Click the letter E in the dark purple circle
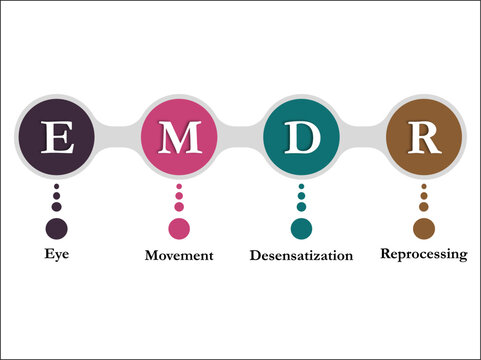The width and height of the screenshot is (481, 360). [57, 138]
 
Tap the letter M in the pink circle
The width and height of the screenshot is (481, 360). [180, 138]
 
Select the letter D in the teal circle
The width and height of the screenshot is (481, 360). [302, 138]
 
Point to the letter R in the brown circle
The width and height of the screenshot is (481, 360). [424, 138]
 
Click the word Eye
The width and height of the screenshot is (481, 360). [56, 255]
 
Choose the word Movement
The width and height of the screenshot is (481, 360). [179, 255]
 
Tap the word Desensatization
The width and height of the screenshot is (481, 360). [301, 255]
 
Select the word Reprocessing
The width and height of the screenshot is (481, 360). [423, 254]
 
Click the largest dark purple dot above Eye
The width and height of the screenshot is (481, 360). [57, 228]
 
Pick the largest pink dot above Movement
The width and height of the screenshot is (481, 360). [180, 228]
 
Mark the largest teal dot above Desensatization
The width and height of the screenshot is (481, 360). [302, 228]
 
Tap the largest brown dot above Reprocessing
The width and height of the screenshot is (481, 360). [424, 228]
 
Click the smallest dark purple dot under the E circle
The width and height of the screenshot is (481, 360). [57, 187]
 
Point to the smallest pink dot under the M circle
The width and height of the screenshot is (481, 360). [180, 187]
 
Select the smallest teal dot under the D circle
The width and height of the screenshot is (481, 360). [302, 187]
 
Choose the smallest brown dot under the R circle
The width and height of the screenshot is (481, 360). [424, 187]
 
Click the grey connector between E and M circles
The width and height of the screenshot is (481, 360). [119, 138]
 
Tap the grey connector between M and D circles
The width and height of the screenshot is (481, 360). [241, 138]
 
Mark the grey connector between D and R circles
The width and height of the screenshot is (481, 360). [363, 138]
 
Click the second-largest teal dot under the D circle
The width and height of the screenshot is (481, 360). [302, 207]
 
